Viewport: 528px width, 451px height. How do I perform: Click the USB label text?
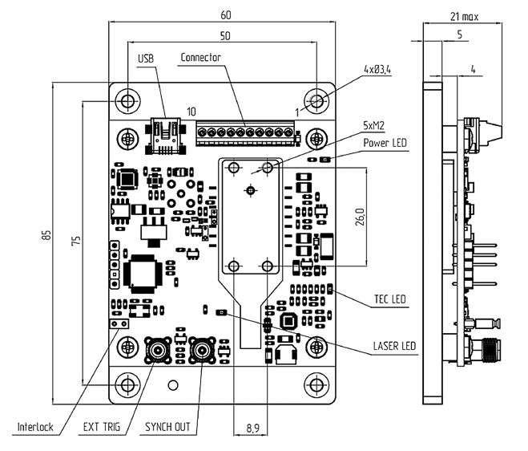[145, 59]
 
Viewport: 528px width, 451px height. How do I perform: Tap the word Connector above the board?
[200, 58]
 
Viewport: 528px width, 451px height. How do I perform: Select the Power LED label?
[385, 144]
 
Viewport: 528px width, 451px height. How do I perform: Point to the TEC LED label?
[389, 300]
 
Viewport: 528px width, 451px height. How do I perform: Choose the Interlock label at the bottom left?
[34, 427]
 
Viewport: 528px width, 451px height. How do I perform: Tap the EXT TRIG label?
[100, 427]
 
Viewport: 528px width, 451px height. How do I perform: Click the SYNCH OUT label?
[167, 427]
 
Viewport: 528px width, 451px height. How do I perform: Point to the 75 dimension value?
[75, 242]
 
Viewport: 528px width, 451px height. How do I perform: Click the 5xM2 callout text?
[374, 126]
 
